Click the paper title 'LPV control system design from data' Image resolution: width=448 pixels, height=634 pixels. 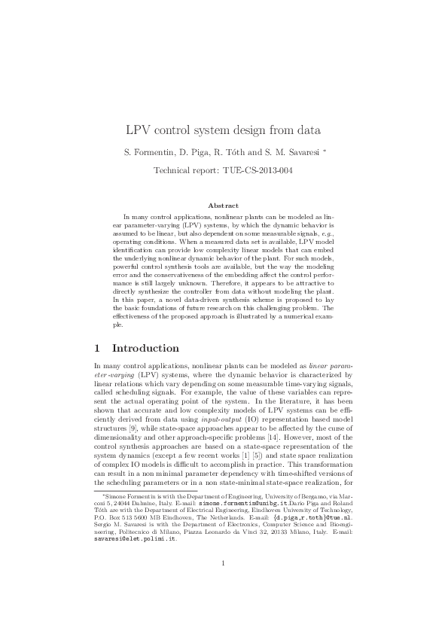224,130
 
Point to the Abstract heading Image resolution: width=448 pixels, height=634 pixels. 224,206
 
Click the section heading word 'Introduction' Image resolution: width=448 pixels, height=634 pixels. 145,349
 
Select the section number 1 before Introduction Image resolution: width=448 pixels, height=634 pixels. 96,349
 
